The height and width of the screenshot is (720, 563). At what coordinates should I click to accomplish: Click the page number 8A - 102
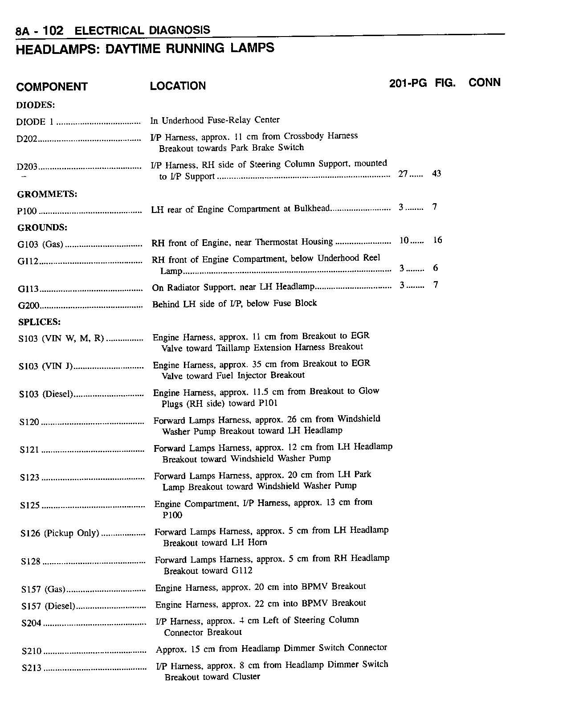pos(39,31)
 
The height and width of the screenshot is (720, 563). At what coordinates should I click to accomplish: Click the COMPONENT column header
pos(52,87)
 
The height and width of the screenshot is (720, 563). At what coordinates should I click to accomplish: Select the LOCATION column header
pos(178,86)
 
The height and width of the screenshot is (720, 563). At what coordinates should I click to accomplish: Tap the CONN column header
pos(485,82)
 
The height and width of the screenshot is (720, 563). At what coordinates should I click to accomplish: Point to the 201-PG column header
pos(408,83)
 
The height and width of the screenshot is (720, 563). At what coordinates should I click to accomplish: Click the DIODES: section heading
pos(36,105)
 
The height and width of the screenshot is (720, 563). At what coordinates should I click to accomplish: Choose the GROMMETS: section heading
pos(47,194)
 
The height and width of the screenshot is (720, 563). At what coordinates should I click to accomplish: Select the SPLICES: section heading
pos(39,322)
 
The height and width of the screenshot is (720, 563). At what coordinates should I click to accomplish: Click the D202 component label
pos(26,139)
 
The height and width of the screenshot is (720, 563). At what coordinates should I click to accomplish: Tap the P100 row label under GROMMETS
pos(27,212)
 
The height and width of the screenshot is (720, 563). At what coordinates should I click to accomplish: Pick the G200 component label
pos(29,306)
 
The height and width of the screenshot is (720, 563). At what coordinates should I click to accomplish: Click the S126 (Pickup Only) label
pos(60,533)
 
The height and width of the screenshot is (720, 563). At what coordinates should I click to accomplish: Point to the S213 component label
pos(31,668)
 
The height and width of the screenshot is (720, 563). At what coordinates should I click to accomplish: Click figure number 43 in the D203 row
pos(437,174)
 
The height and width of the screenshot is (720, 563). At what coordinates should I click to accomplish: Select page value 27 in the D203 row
pos(403,174)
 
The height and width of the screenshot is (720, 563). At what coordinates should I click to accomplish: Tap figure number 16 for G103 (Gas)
pos(437,241)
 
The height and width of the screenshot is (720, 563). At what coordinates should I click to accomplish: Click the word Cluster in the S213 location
pos(246,677)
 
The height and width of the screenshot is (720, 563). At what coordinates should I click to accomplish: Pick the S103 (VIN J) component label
pos(45,367)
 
